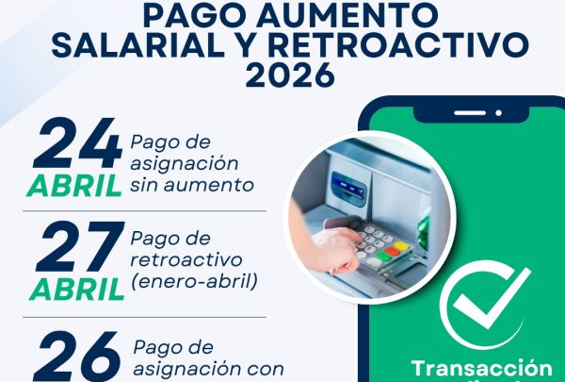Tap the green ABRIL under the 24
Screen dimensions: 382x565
click(x=74, y=186)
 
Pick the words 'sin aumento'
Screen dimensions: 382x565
click(x=192, y=184)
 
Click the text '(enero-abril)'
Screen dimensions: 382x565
click(x=192, y=280)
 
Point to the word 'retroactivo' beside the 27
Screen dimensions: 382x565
click(x=186, y=258)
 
